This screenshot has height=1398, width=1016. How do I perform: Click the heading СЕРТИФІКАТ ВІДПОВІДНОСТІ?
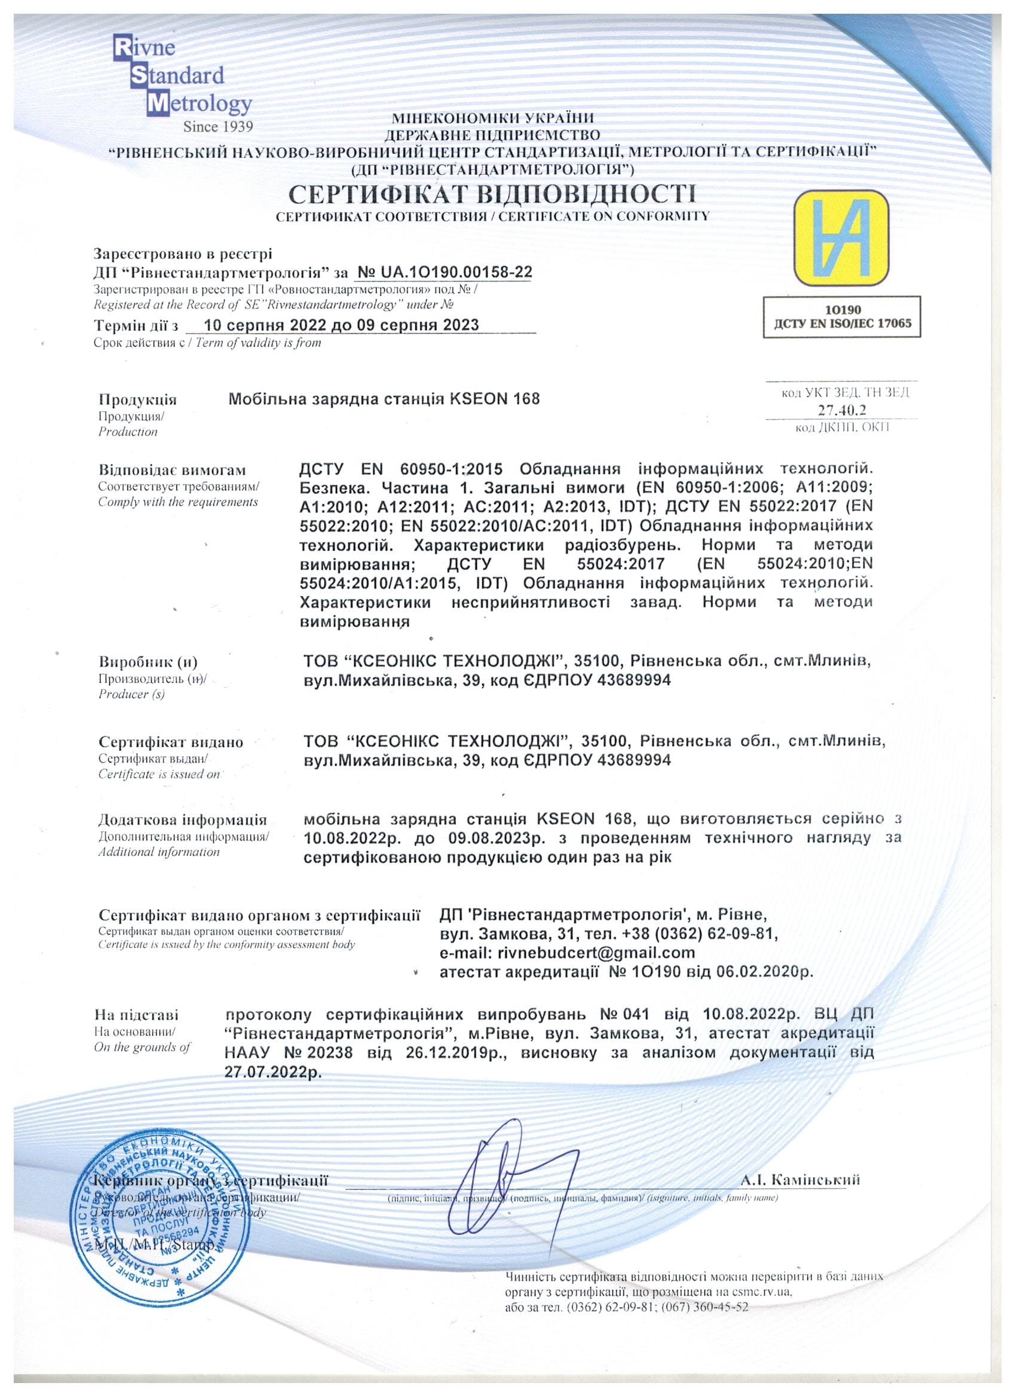492,195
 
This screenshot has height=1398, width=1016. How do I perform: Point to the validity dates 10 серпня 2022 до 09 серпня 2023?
341,325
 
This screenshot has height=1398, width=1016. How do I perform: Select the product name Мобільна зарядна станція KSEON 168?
384,399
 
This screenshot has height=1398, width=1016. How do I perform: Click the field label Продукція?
137,399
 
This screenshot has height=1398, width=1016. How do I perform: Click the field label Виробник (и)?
147,663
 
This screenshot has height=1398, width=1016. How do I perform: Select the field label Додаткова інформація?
183,820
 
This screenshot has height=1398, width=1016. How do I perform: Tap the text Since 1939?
219,127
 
